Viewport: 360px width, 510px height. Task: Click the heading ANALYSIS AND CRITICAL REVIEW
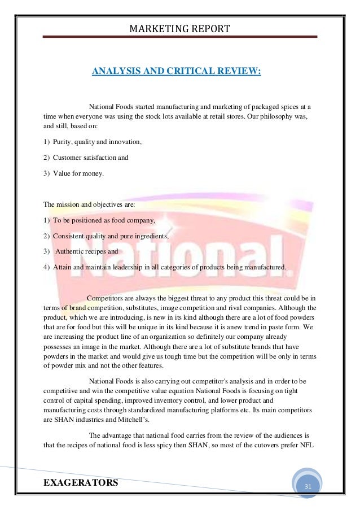tap(176, 72)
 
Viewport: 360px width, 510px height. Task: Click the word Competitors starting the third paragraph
tap(107, 298)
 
